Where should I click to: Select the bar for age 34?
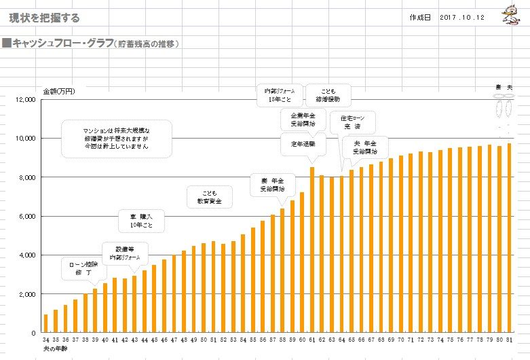pos(45,323)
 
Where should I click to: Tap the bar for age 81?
pos(509,238)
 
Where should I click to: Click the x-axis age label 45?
pos(154,339)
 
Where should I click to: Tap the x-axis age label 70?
pos(400,339)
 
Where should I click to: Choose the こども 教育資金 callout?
pos(209,197)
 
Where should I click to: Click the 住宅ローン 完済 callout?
pos(352,122)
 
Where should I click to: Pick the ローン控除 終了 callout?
pos(83,267)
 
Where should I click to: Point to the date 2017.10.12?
pos(461,18)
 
